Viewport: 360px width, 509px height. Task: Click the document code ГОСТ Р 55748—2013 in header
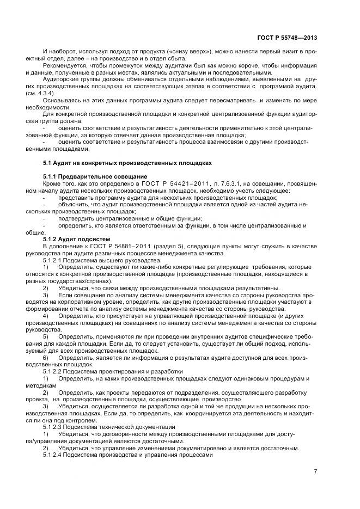[286, 38]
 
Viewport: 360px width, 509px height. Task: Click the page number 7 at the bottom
[315, 471]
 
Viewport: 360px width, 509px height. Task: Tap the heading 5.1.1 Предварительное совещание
[95, 177]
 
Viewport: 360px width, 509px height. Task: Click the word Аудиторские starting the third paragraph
[62, 79]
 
